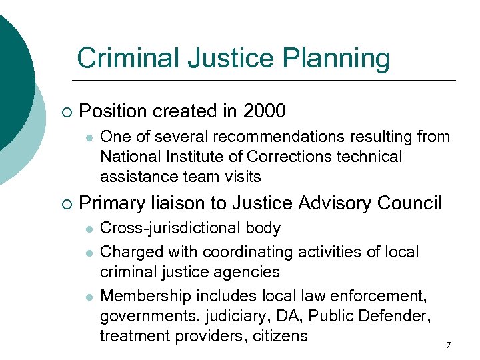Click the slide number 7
[x=448, y=345]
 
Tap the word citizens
[x=280, y=335]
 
